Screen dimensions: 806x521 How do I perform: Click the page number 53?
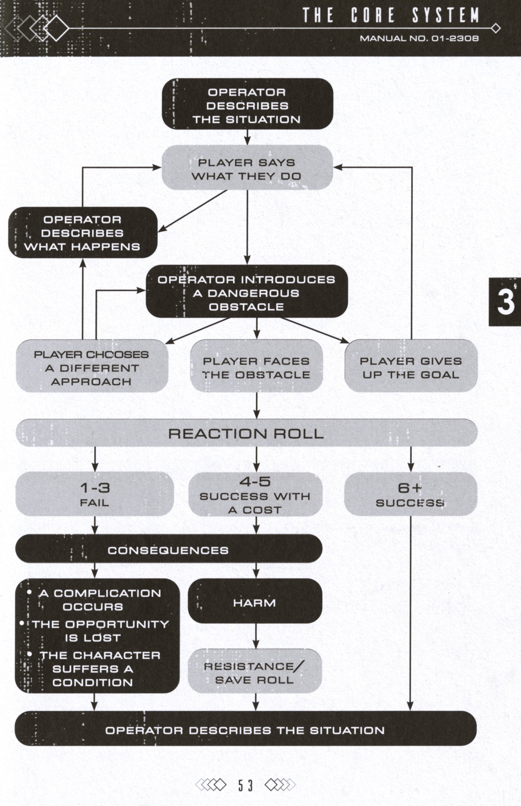click(245, 785)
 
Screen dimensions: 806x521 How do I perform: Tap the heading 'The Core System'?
click(391, 15)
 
